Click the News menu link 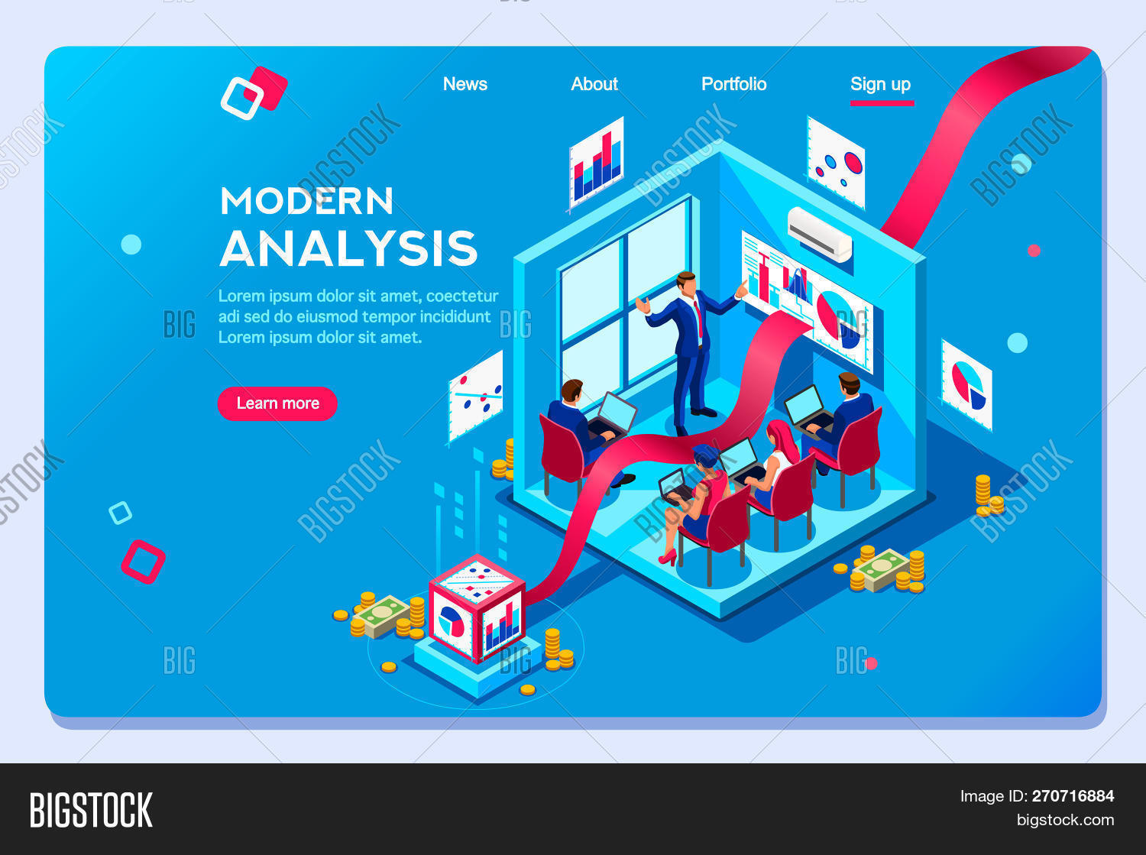pos(465,84)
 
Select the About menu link pos(594,84)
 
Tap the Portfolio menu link pos(733,84)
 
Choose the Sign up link pos(880,85)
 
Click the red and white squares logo pos(254,93)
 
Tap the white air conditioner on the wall pos(820,235)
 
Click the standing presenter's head pos(686,283)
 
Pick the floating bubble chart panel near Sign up pos(836,163)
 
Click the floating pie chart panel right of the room pos(966,385)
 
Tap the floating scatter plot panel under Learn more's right pos(476,397)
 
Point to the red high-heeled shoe pos(668,558)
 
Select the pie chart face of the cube pos(451,623)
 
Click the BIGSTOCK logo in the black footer pos(91,810)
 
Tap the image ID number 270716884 pos(1073,796)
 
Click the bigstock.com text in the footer pos(1065,820)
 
